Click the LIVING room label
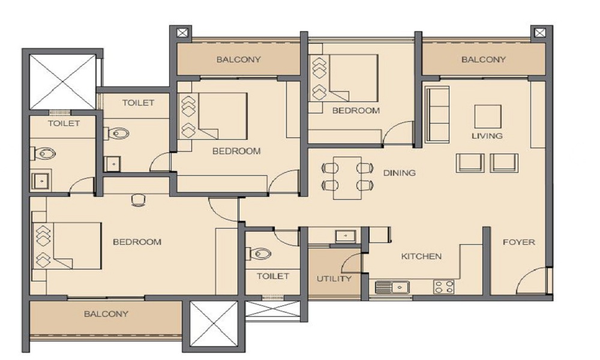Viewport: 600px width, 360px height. coord(487,136)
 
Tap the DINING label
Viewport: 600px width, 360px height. coord(399,173)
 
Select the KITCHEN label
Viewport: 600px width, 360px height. coord(421,256)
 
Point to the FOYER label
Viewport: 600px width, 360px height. coord(518,242)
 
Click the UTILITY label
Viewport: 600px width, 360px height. coord(334,278)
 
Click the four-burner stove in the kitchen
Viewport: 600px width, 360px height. coord(443,287)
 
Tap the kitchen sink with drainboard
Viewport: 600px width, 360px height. coord(392,287)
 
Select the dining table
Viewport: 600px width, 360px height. coord(347,178)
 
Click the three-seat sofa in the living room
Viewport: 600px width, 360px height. coord(437,115)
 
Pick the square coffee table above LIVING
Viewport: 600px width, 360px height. coord(487,116)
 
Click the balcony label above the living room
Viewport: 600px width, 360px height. coord(483,59)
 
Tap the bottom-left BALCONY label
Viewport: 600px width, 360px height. coord(106,314)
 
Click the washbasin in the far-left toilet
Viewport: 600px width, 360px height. coord(40,181)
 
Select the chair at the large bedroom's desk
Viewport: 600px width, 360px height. coord(138,200)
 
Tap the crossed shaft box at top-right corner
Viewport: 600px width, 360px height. coord(540,33)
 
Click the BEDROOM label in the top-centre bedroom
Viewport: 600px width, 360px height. coord(356,111)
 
